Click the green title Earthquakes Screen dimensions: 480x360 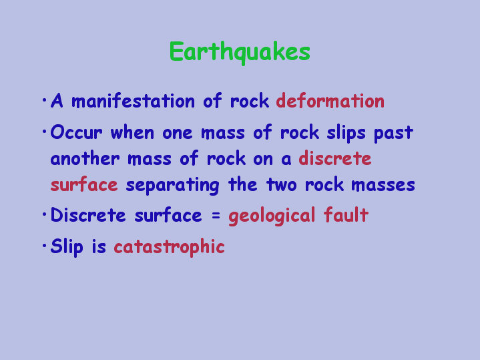click(240, 52)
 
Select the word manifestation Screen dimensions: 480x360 click(133, 100)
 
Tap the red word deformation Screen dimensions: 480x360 click(330, 100)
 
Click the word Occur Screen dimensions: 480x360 click(76, 132)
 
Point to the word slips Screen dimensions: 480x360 click(346, 134)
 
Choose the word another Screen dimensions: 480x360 click(85, 158)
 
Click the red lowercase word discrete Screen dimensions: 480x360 click(335, 158)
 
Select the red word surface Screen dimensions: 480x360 click(84, 184)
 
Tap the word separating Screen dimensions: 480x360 click(172, 186)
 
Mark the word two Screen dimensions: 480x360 click(281, 185)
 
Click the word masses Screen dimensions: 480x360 click(383, 186)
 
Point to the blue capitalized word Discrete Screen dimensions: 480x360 click(88, 215)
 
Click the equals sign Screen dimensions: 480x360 click(216, 215)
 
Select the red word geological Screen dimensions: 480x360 click(272, 216)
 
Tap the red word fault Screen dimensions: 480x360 click(346, 214)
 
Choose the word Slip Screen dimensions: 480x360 click(67, 246)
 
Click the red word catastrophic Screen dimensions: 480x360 click(169, 246)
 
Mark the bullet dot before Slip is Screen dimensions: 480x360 click(44, 245)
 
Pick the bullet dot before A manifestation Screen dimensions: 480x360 click(44, 100)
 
